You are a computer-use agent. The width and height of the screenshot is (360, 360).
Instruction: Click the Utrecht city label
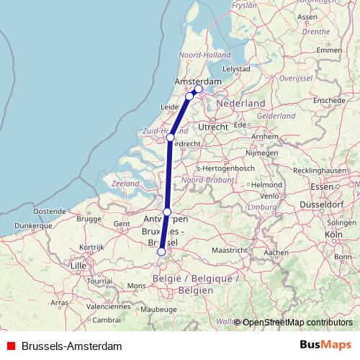(x=214, y=127)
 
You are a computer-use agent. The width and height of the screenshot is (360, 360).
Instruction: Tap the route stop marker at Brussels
(x=161, y=252)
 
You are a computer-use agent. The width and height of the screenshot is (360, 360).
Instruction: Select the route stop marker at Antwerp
(x=167, y=212)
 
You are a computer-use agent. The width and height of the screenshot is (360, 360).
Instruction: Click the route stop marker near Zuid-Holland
(x=171, y=138)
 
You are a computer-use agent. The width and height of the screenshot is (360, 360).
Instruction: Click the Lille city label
(x=78, y=266)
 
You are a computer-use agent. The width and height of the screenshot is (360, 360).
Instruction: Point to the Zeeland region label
(x=125, y=184)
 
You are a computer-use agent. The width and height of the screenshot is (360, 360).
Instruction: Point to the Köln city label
(x=333, y=235)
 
